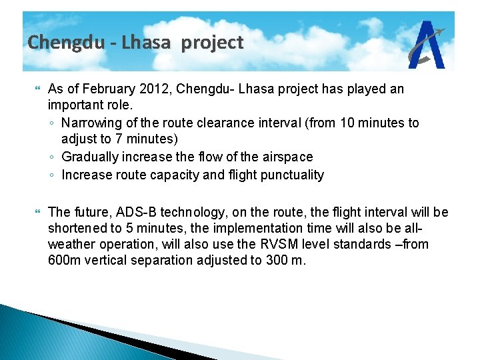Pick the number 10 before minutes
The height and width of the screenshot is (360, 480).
347,123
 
